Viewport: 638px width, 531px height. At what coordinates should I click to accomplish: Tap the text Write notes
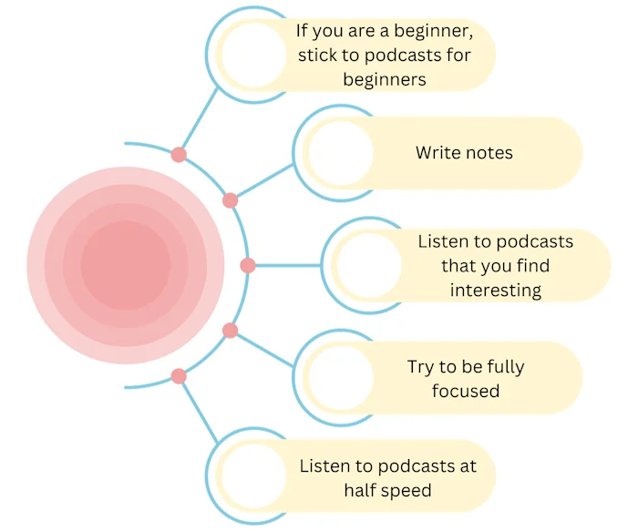click(x=464, y=153)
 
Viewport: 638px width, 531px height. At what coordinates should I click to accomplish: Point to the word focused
click(x=466, y=392)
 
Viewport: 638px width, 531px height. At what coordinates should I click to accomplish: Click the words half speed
click(x=387, y=490)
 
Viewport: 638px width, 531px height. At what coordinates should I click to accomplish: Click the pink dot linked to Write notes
click(x=230, y=200)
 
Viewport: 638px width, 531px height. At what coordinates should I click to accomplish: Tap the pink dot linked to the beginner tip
click(x=179, y=155)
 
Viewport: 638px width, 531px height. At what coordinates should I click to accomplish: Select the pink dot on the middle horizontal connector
click(x=247, y=266)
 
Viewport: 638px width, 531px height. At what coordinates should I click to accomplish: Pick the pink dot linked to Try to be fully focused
click(x=230, y=331)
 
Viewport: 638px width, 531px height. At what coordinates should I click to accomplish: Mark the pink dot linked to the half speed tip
click(x=179, y=376)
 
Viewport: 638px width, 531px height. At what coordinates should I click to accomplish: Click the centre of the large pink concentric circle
click(x=125, y=265)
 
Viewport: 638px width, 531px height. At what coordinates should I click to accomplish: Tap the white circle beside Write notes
click(x=338, y=153)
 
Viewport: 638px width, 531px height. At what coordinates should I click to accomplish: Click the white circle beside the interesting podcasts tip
click(x=365, y=266)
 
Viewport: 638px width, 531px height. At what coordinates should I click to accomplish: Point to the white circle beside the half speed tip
click(x=252, y=477)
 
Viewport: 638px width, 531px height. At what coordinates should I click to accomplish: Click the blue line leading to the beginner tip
click(x=200, y=118)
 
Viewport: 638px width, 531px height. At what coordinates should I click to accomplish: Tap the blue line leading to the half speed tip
click(x=200, y=413)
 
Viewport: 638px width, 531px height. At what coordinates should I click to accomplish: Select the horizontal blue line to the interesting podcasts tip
click(x=287, y=266)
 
